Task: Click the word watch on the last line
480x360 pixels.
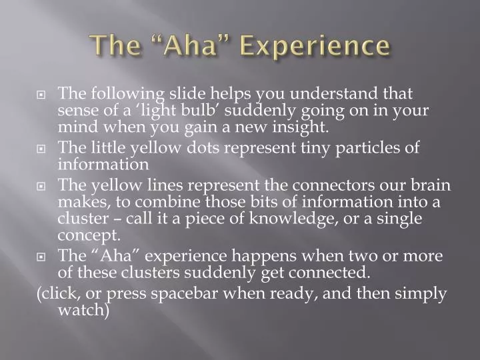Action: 83,309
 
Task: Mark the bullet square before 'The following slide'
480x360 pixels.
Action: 41,95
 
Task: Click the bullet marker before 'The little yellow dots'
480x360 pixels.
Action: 41,149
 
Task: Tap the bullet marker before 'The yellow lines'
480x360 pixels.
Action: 41,186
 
